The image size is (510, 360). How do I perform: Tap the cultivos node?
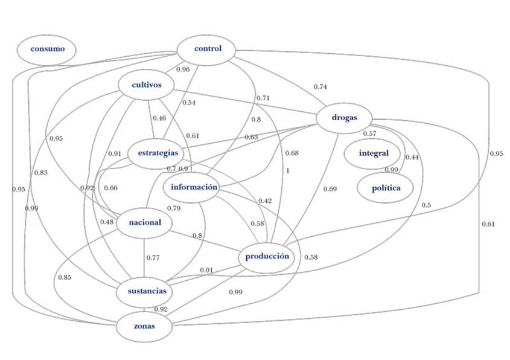point(147,85)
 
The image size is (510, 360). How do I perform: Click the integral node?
point(374,153)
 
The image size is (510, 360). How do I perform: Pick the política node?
point(386,188)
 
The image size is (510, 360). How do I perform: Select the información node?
point(194,187)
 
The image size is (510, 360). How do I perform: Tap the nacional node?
point(145,222)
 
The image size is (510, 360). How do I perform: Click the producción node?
point(267,257)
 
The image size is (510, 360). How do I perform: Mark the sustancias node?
point(147,292)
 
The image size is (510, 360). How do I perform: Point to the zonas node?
point(145,326)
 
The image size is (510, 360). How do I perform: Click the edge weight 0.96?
point(182,69)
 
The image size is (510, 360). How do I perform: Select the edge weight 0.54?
point(189,103)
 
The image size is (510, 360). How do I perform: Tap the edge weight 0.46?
point(159,118)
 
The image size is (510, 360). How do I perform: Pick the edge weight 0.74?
point(320,87)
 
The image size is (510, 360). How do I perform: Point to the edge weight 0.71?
point(263,98)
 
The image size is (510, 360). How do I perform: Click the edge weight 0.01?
point(206,269)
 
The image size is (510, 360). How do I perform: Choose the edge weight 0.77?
point(153,259)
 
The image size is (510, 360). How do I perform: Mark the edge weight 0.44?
point(412,157)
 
